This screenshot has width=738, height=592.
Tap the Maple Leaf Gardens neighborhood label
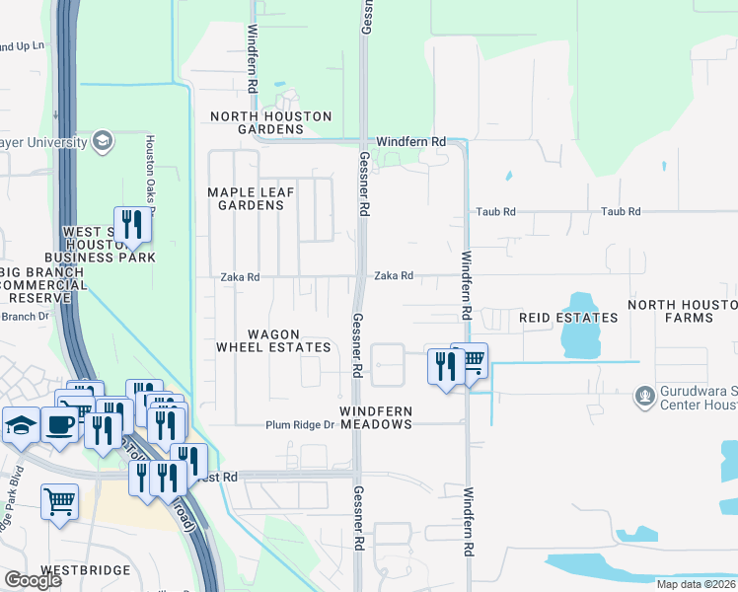[x=246, y=198]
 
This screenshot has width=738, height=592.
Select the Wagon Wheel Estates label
[x=274, y=340]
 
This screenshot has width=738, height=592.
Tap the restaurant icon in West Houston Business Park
[x=130, y=225]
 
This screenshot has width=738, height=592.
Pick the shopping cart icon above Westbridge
[x=59, y=501]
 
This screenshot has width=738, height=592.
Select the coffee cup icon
[x=60, y=425]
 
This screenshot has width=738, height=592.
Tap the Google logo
[x=33, y=580]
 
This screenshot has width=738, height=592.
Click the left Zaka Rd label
[x=240, y=278]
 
